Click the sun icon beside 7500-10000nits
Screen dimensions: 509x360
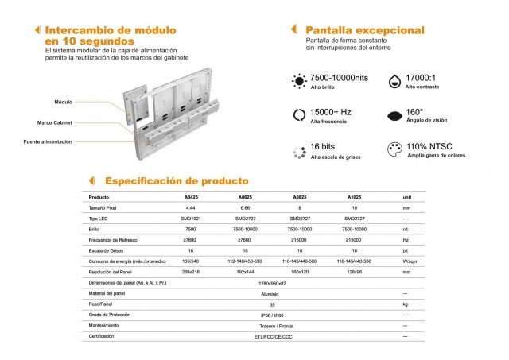[300, 81]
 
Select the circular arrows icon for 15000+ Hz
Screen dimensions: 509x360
[300, 114]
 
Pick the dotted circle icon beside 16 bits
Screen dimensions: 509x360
[300, 149]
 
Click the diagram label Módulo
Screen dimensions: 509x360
[63, 103]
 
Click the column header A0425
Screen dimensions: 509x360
[192, 196]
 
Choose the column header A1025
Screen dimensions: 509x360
[356, 196]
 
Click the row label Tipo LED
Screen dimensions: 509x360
[100, 218]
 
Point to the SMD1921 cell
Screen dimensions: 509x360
[191, 218]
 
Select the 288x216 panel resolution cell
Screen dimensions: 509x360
[191, 272]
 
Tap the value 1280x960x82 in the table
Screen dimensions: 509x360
[273, 282]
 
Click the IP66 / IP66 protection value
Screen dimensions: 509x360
[273, 315]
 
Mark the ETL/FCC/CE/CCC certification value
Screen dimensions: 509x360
[273, 336]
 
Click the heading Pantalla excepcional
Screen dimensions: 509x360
[364, 30]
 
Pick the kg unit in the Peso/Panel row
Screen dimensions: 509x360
[406, 304]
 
